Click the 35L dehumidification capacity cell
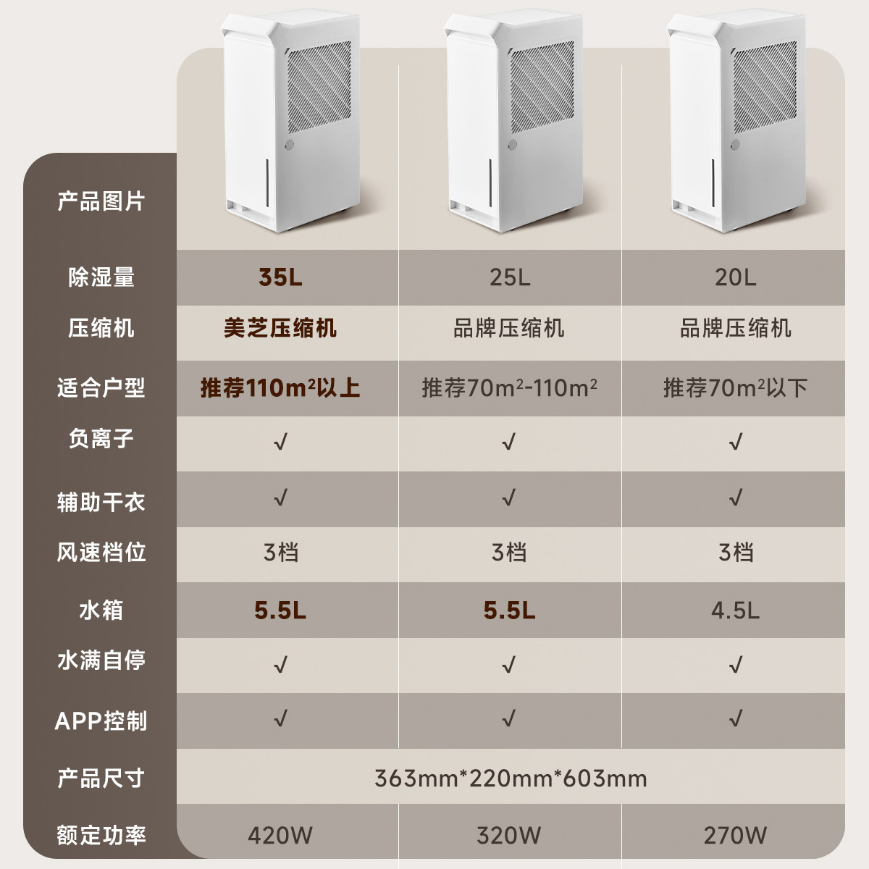coord(280,277)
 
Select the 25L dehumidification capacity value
coord(509,277)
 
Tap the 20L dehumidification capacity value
coord(735,277)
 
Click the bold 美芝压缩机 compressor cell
coord(280,328)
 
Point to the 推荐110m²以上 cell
coord(280,387)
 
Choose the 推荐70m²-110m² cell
coord(509,387)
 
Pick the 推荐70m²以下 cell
coord(735,387)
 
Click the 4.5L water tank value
coord(735,610)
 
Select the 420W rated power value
coord(280,835)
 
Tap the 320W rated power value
coord(509,835)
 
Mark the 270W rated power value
coord(735,835)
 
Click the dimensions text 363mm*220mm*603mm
coord(511,778)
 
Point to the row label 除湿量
coord(101,277)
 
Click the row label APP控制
coord(101,721)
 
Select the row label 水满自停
coord(101,660)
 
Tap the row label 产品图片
coord(101,201)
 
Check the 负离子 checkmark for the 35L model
coord(280,441)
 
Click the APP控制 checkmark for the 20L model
coord(736,718)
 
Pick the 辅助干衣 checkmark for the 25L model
coord(508,498)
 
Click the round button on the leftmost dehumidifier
coord(290,145)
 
